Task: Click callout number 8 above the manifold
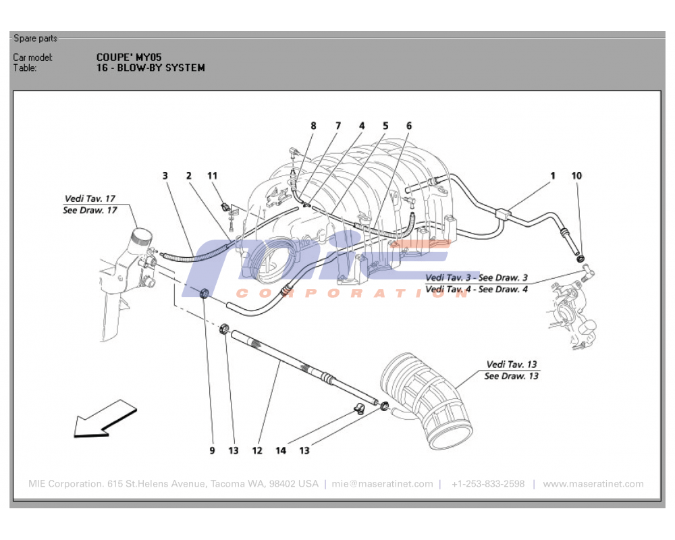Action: (x=313, y=126)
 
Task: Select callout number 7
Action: (x=337, y=126)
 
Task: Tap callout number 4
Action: (x=362, y=126)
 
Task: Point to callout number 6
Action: (x=409, y=126)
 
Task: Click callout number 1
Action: (x=552, y=175)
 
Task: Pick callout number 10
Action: (x=576, y=175)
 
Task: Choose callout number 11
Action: (x=213, y=175)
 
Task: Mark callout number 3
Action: (x=165, y=175)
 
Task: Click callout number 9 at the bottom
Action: (x=211, y=450)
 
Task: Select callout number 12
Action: (x=257, y=450)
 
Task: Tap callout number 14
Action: (x=281, y=450)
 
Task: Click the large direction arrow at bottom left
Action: (x=105, y=419)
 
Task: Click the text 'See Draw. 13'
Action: (x=512, y=376)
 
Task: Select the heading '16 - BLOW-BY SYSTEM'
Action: (x=151, y=67)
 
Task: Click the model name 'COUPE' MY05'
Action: (x=129, y=57)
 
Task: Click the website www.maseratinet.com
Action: (x=593, y=484)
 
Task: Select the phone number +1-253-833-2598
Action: (x=488, y=484)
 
